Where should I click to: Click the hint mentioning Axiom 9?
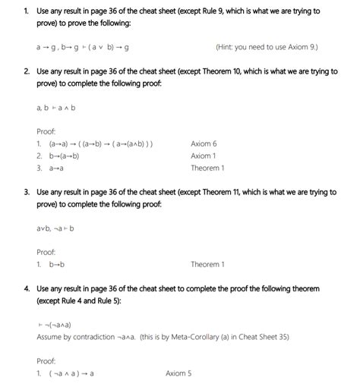pyautogui.click(x=267, y=47)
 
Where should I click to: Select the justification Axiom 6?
pyautogui.click(x=204, y=143)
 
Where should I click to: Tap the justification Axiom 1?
pyautogui.click(x=204, y=156)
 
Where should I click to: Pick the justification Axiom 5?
pyautogui.click(x=178, y=373)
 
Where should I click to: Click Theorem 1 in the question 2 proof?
pyautogui.click(x=207, y=168)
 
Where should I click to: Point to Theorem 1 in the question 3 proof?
pyautogui.click(x=207, y=264)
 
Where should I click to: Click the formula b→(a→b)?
pyautogui.click(x=64, y=156)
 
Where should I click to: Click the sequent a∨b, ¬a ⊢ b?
pyautogui.click(x=54, y=228)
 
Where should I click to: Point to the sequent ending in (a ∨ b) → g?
pyautogui.click(x=82, y=47)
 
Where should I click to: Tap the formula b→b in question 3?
pyautogui.click(x=56, y=264)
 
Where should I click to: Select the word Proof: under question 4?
pyautogui.click(x=46, y=360)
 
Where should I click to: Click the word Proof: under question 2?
pyautogui.click(x=46, y=131)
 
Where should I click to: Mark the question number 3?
pyautogui.click(x=26, y=191)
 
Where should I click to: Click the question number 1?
pyautogui.click(x=26, y=11)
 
